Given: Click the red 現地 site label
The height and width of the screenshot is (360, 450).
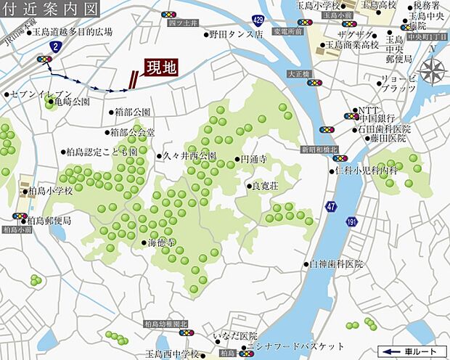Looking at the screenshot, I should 160,69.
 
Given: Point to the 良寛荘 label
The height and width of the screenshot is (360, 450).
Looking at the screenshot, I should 264,185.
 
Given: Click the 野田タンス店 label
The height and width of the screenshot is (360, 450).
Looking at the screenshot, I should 236,33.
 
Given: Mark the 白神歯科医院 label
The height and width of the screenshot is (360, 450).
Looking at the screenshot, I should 336,264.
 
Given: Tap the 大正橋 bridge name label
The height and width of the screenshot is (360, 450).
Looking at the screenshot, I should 298,73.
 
